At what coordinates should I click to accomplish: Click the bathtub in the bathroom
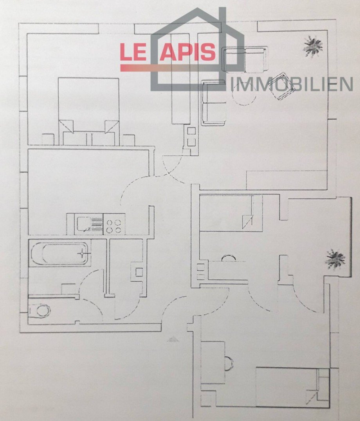click(x=59, y=253)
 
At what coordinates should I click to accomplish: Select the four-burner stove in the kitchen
click(x=114, y=225)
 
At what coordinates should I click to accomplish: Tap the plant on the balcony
click(x=335, y=259)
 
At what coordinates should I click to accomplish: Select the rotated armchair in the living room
click(x=283, y=86)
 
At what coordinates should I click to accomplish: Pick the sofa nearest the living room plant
click(x=245, y=59)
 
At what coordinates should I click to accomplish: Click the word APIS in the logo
click(x=188, y=52)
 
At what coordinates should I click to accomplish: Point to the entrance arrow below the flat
click(x=173, y=339)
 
